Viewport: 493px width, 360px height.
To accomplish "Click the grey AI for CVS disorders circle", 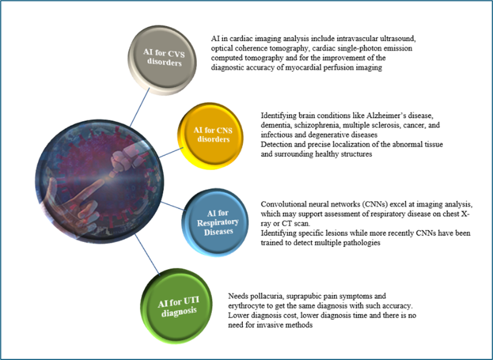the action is [x=162, y=60].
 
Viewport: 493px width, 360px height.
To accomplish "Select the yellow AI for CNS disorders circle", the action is [x=211, y=136].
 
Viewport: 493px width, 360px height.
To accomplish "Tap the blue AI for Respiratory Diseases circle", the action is [x=216, y=223].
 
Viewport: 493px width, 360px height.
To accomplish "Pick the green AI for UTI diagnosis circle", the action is [x=176, y=306].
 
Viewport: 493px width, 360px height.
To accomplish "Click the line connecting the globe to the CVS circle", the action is [x=140, y=107].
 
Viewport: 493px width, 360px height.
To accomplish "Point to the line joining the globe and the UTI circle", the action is [x=147, y=255].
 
